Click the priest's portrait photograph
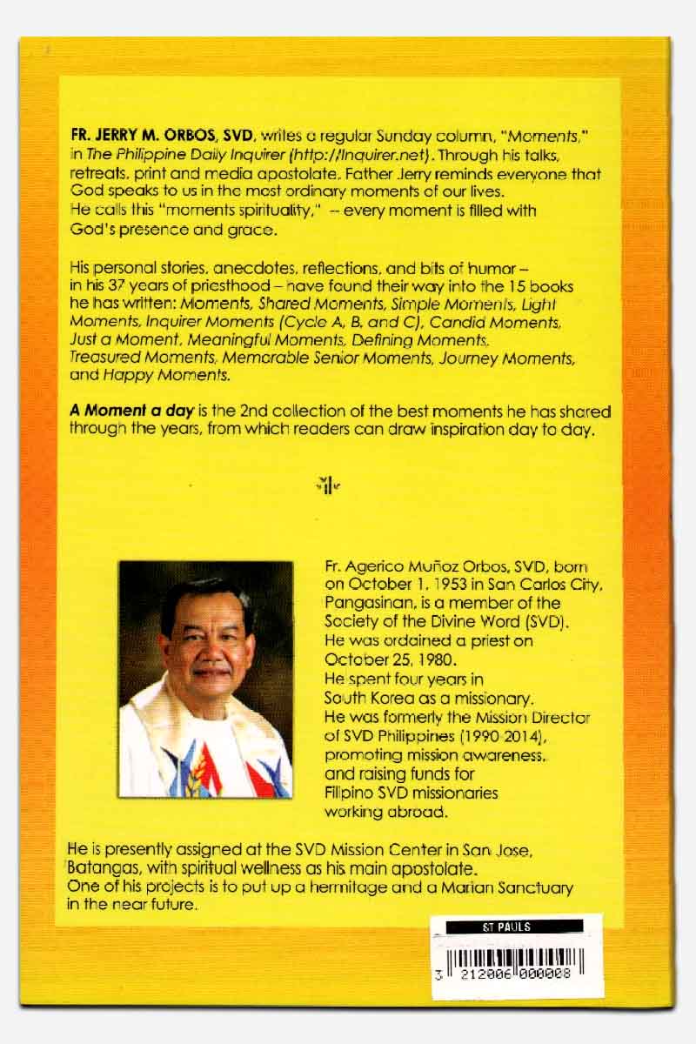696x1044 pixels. click(x=205, y=679)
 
